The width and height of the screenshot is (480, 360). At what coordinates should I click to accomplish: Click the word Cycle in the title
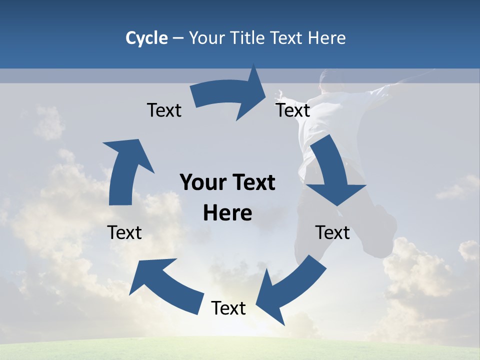pos(146,38)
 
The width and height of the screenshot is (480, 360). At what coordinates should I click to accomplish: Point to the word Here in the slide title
pos(326,38)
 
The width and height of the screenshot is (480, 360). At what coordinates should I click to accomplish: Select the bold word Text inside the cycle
pos(252,182)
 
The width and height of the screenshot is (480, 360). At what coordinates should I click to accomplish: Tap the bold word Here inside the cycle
pos(227,213)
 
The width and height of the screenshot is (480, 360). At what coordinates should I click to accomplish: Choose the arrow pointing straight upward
pos(125,170)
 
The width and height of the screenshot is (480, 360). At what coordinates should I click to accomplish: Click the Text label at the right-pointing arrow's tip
pos(293,110)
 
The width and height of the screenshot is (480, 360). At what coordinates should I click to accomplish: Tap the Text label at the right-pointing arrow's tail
pos(164,110)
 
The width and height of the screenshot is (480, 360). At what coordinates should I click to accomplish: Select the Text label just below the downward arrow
pos(332,232)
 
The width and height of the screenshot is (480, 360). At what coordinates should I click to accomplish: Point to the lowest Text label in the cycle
pos(228,308)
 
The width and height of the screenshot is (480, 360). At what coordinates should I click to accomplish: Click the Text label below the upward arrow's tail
pos(124,232)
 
